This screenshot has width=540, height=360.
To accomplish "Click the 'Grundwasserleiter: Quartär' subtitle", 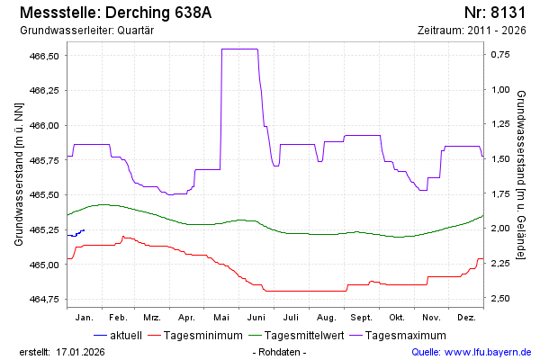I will point(86,31).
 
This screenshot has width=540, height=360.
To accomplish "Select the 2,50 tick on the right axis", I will point(501,298).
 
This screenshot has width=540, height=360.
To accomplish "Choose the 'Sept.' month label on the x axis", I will point(361,318).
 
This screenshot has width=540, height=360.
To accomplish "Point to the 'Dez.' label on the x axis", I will point(466,318).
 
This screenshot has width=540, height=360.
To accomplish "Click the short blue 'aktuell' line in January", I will point(76,233).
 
